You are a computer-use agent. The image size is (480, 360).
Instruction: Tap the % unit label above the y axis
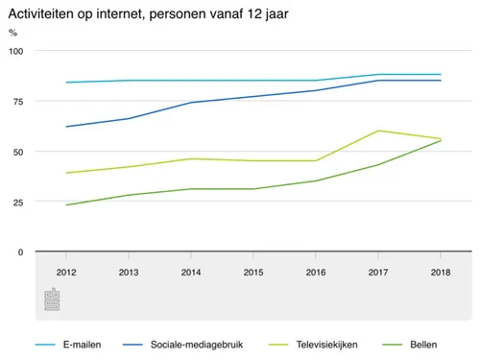(12, 33)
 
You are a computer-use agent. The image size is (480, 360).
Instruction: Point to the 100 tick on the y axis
(16, 51)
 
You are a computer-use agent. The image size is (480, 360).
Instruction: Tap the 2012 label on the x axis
(65, 273)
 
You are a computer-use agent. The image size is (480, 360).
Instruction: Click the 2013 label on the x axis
(128, 273)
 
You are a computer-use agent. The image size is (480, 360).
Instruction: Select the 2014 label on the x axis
(190, 273)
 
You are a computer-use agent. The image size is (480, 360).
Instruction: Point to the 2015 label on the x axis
(252, 273)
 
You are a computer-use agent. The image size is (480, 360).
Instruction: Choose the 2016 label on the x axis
(315, 273)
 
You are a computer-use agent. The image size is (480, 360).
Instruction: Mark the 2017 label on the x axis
(377, 273)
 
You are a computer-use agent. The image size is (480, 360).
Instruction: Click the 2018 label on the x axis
(440, 273)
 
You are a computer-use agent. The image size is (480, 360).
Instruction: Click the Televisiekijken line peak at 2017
(377, 131)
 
